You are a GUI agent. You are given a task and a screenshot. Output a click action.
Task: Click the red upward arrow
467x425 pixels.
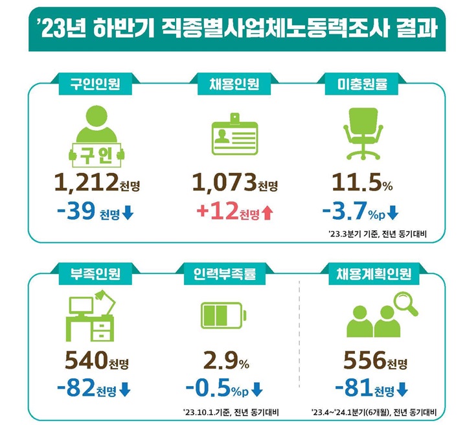267,212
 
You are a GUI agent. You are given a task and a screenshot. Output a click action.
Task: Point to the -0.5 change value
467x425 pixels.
207,389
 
